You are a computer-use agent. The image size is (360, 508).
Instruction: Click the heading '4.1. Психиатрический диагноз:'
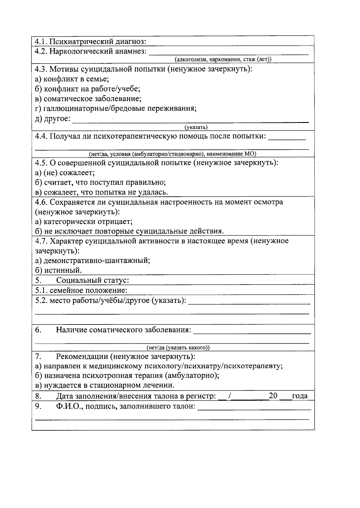(90, 41)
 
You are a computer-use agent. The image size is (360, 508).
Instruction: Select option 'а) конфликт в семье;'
(72, 79)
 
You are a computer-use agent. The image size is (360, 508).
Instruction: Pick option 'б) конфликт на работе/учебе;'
(88, 89)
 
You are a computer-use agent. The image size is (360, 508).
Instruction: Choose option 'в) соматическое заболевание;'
(88, 99)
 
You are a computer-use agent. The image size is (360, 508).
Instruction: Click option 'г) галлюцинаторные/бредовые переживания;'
(116, 109)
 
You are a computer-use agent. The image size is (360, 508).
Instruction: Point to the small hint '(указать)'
(196, 127)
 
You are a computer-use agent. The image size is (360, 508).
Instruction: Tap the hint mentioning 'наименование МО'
(172, 154)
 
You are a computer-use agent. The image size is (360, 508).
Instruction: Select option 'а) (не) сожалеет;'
(65, 173)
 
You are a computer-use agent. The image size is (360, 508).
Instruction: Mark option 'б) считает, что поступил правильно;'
(100, 183)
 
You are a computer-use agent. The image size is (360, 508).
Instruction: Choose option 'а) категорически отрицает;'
(84, 222)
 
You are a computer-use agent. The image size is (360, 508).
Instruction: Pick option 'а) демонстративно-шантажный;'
(92, 260)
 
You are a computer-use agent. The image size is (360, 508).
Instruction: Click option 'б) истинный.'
(58, 270)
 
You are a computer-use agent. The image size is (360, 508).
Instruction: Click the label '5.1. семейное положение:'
(81, 290)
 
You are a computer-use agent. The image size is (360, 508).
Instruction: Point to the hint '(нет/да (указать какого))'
(178, 348)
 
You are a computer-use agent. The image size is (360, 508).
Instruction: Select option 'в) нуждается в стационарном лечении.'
(105, 385)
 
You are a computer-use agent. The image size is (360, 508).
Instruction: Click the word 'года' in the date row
(300, 396)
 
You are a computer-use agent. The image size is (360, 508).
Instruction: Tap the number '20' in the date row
(273, 396)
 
